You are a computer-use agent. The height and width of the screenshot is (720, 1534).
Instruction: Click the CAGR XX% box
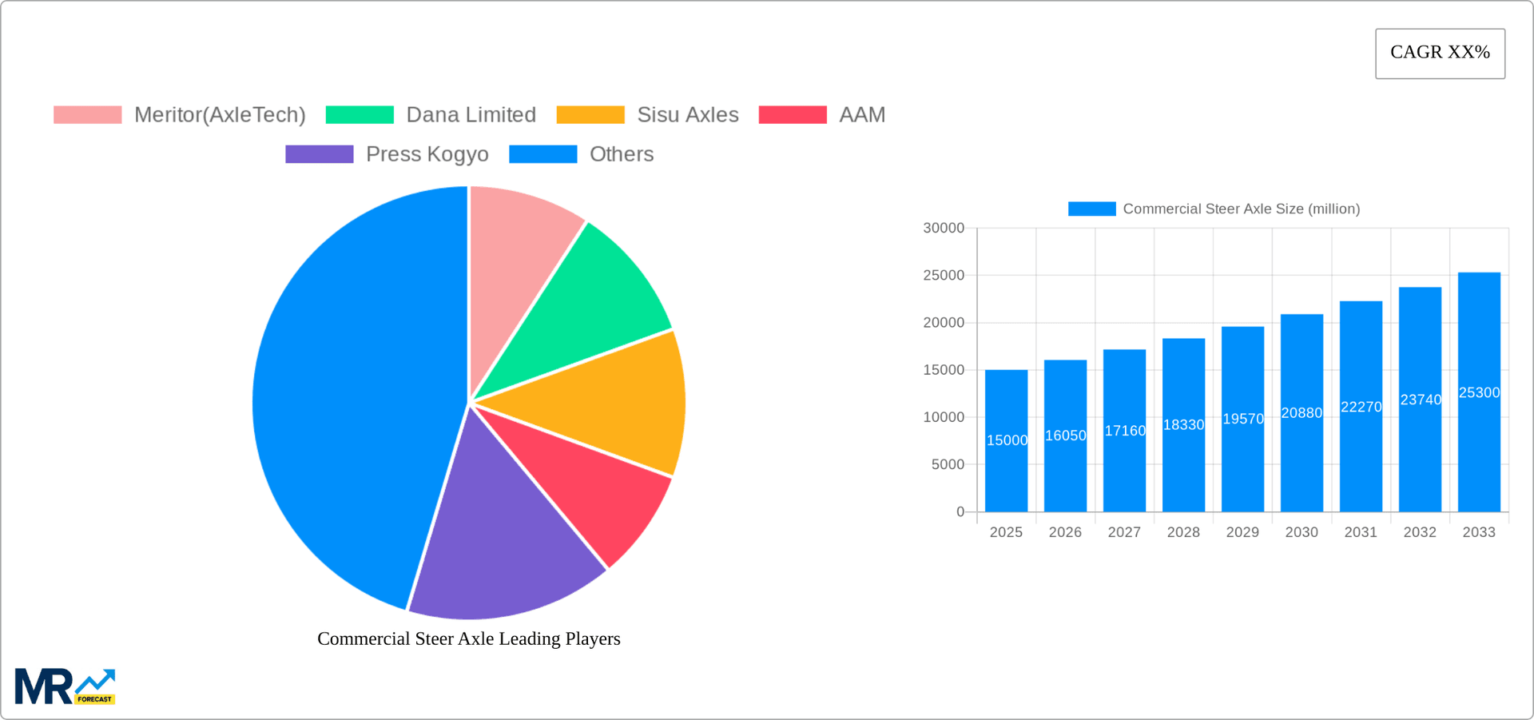(x=1440, y=54)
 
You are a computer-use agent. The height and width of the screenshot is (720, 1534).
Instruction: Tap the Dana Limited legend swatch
(x=360, y=115)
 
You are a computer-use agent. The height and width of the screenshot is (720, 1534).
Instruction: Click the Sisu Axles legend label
(x=687, y=115)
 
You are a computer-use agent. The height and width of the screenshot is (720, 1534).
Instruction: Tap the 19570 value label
(x=1243, y=419)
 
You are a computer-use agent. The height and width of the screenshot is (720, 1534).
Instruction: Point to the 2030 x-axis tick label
(x=1302, y=532)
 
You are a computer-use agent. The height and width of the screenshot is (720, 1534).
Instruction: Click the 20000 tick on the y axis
(x=944, y=323)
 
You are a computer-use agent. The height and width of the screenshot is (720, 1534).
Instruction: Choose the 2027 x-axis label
(x=1124, y=532)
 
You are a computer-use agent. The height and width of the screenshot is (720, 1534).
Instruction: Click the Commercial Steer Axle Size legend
(x=1214, y=209)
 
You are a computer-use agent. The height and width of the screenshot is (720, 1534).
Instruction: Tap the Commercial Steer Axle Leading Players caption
(x=469, y=638)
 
